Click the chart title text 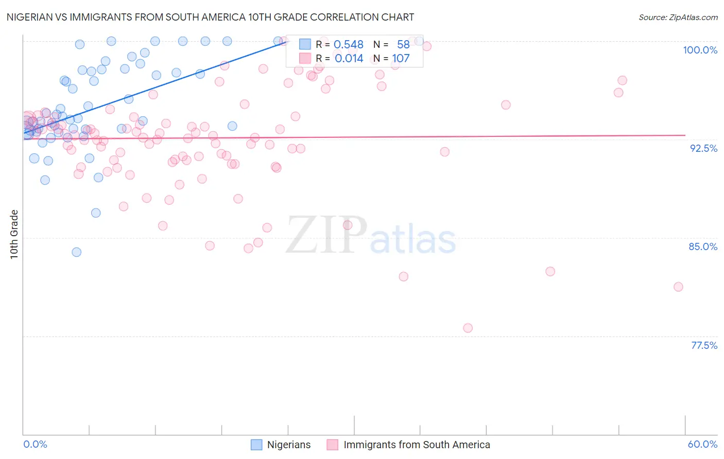coord(210,17)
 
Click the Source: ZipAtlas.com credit coord(678,17)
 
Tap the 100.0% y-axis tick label coord(700,50)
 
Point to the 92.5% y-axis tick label coord(703,148)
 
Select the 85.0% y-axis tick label coord(703,246)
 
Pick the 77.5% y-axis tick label coord(704,345)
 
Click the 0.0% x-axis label coord(35,444)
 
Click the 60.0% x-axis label coord(702,444)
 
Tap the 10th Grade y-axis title coord(14,234)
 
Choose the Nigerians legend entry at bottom coord(281,445)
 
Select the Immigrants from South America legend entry coord(408,445)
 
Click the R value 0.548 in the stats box coord(349,45)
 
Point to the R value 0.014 coord(349,59)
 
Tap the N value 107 coord(401,59)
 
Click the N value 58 coord(403,45)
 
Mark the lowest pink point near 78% coord(468,328)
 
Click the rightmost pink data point coord(678,287)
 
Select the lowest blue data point coord(76,252)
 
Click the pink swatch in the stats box coord(305,58)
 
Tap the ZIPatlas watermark coord(371,235)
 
